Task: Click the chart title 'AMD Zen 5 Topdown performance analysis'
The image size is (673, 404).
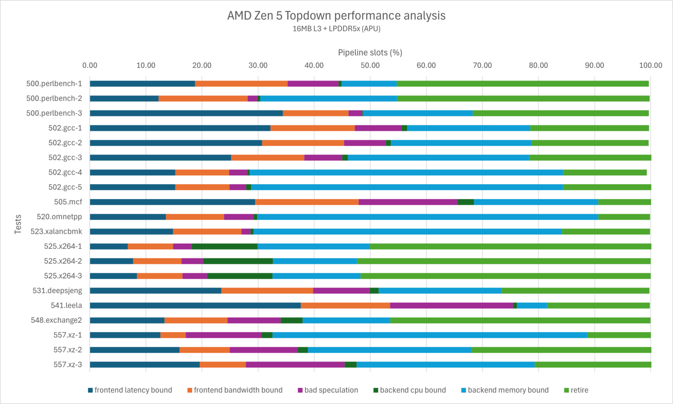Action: point(336,16)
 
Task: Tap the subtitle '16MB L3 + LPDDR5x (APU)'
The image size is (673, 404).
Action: point(336,29)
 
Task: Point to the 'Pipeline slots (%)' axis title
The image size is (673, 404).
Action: point(370,53)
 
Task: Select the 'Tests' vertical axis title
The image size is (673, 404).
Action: point(18,224)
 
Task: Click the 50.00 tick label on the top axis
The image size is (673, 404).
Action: point(370,65)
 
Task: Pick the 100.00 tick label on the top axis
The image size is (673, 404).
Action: point(650,65)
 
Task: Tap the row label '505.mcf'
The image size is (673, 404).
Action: point(68,202)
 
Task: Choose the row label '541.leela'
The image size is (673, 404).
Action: point(66,305)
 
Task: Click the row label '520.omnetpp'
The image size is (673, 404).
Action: point(59,217)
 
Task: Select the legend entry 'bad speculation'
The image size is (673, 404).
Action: point(331,390)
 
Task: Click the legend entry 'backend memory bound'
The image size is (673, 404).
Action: point(508,390)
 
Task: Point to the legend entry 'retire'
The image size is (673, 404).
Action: point(579,390)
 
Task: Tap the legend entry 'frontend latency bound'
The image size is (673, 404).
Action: point(133,390)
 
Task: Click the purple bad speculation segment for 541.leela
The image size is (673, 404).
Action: point(451,305)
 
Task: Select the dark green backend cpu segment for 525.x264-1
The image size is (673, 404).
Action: point(224,246)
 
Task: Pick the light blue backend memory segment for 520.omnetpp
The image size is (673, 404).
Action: point(428,217)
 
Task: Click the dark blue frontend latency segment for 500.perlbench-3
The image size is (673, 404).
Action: point(186,113)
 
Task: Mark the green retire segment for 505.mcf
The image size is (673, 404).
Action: point(624,202)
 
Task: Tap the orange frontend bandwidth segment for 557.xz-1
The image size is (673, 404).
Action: point(173,335)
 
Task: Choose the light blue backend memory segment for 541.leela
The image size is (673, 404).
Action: point(532,305)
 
